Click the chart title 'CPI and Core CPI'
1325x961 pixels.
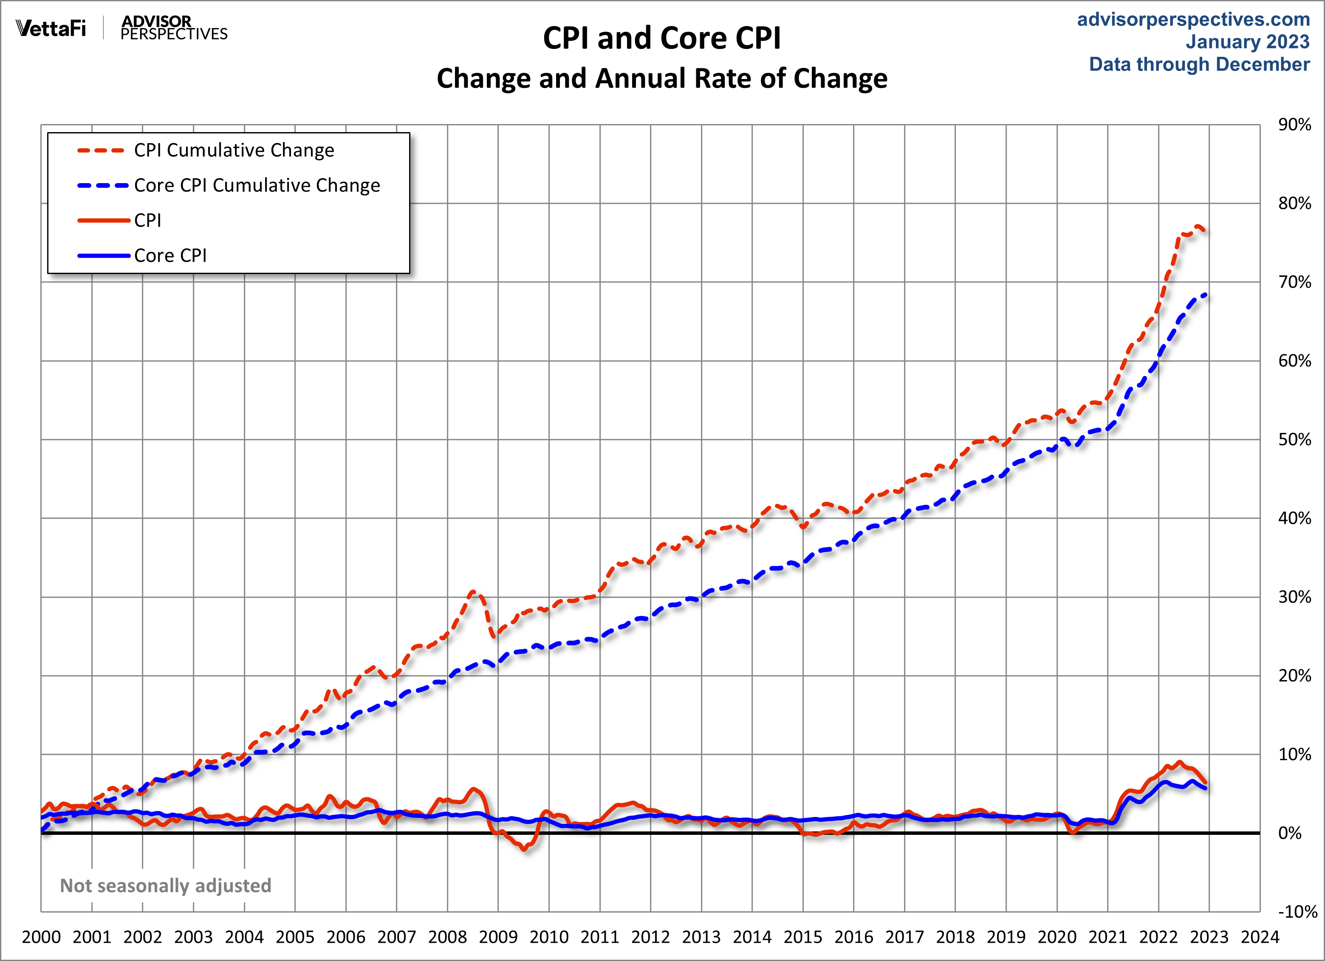[x=661, y=39]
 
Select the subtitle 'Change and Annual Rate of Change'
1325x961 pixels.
[x=661, y=78]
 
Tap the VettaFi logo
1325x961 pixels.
[x=51, y=28]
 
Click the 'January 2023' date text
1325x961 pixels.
[x=1247, y=42]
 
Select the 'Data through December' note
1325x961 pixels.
[x=1199, y=64]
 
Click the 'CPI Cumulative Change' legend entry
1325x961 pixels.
[x=234, y=150]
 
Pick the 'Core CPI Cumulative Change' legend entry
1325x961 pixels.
[x=257, y=185]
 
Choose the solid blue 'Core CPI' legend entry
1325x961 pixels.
[x=170, y=255]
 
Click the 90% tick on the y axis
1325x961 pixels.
[x=1294, y=124]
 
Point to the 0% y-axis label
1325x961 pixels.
[x=1289, y=833]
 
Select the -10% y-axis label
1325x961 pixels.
[x=1297, y=912]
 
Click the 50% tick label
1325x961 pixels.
[x=1294, y=439]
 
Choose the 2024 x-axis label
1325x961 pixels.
[x=1260, y=937]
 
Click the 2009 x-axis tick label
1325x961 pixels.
[x=498, y=937]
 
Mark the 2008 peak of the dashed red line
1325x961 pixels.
[x=473, y=592]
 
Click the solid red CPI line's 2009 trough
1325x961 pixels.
[x=525, y=849]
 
